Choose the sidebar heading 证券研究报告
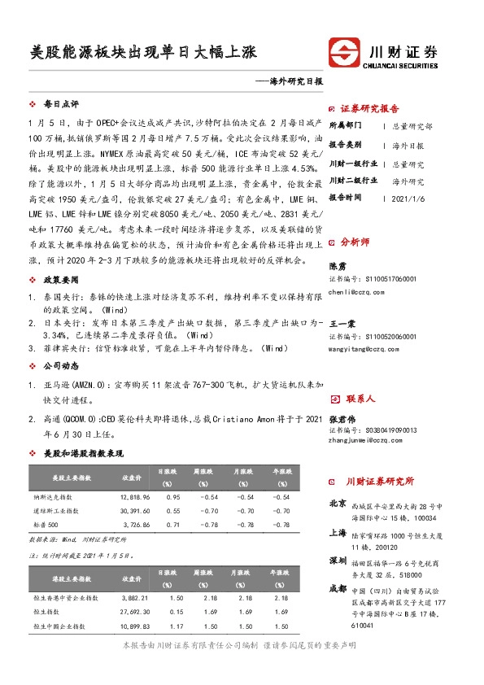369,109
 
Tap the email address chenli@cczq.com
358,291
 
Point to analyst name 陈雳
336,266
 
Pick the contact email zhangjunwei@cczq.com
366,442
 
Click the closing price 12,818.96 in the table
135,496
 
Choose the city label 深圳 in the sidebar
337,561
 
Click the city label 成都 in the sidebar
337,588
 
